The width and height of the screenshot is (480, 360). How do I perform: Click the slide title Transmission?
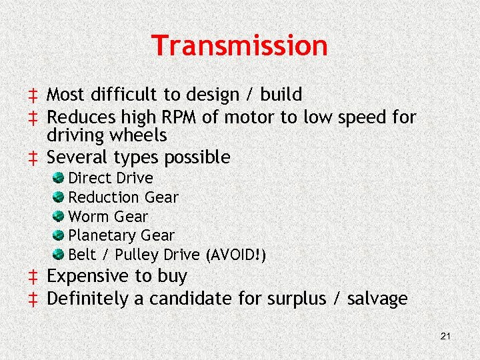pyautogui.click(x=240, y=46)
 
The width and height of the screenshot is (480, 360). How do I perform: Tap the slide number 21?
pyautogui.click(x=446, y=336)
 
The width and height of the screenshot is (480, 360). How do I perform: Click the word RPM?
pyautogui.click(x=177, y=117)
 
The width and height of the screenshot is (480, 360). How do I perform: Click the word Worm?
pyautogui.click(x=89, y=217)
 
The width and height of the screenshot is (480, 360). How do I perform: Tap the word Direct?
pyautogui.click(x=90, y=178)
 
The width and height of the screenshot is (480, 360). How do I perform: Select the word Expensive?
pyautogui.click(x=89, y=276)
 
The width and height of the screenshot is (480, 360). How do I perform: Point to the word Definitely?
pyautogui.click(x=88, y=299)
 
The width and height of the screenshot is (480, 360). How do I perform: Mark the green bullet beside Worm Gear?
pyautogui.click(x=59, y=216)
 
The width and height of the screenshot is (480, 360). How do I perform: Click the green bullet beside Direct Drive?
pyautogui.click(x=59, y=177)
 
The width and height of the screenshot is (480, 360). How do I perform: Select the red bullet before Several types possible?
pyautogui.click(x=31, y=158)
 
